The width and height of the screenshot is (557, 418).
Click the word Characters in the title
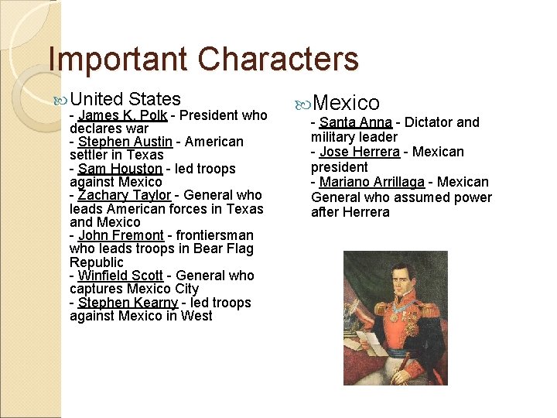(278, 59)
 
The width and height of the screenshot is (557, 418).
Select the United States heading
(125, 99)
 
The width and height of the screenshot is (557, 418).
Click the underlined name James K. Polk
(122, 115)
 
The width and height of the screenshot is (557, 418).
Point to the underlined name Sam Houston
(120, 169)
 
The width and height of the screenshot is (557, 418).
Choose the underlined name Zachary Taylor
(126, 195)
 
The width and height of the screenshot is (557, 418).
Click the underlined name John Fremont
(121, 235)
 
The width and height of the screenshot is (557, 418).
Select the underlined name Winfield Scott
(121, 276)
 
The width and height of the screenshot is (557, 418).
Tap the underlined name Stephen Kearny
(128, 303)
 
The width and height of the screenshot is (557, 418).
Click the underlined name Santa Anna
(355, 122)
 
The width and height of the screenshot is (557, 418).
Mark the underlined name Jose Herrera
(359, 152)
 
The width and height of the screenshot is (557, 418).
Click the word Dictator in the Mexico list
(430, 122)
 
